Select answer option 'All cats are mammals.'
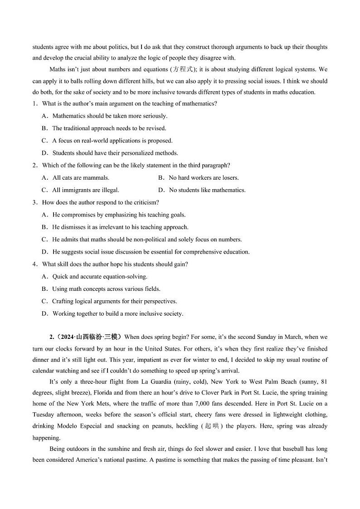tap(81, 178)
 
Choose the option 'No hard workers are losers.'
tap(204, 178)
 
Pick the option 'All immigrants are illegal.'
tap(86, 190)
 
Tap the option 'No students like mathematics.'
tap(207, 190)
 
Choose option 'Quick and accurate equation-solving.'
tap(100, 276)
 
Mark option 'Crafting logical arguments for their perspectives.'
tap(114, 301)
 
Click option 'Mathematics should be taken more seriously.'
tap(110, 116)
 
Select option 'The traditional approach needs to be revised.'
tap(109, 128)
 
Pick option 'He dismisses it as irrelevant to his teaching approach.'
tap(120, 227)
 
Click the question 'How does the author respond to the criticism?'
tap(100, 202)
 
